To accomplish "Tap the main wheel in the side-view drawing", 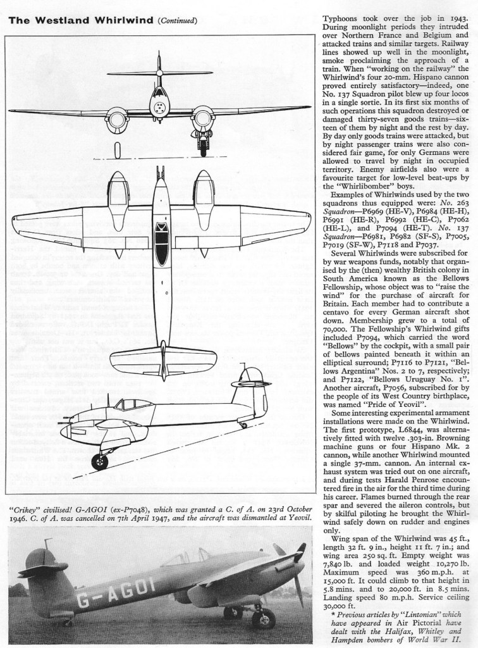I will pos(99,461).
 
